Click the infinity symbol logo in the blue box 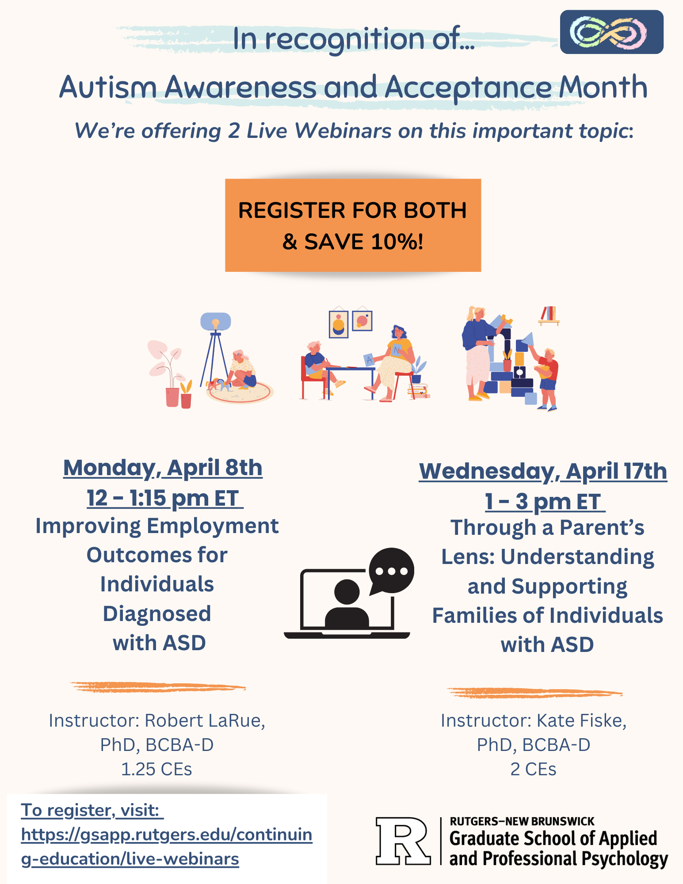(611, 32)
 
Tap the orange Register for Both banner (353, 225)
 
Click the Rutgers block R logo (402, 841)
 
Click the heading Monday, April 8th (163, 468)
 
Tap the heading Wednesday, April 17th (543, 471)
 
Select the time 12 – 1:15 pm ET (164, 498)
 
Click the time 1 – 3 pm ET (545, 502)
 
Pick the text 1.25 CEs (156, 770)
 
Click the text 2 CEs (533, 770)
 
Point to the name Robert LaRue (204, 721)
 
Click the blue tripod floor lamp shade (215, 321)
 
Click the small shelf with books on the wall (549, 315)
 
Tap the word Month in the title (603, 87)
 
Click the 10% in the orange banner (397, 242)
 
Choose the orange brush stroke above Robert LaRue (157, 687)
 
